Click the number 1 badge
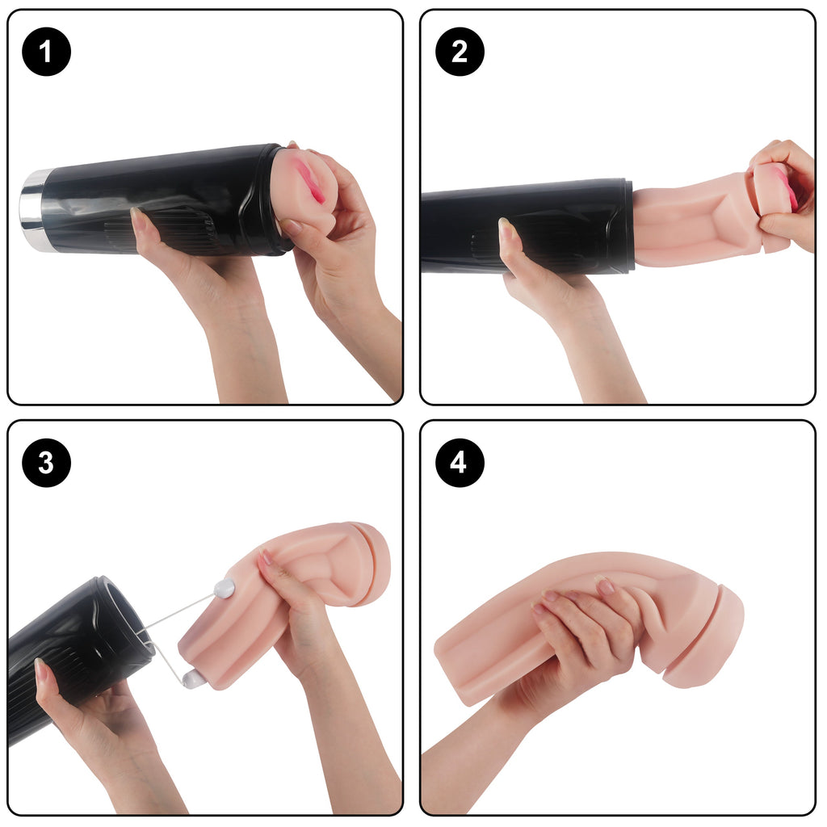point(46,52)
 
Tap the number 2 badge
point(460,52)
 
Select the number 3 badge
point(46,463)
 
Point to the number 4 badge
point(460,463)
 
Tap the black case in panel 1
point(158,200)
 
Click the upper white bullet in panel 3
point(225,588)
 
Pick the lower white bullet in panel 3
point(193,679)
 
